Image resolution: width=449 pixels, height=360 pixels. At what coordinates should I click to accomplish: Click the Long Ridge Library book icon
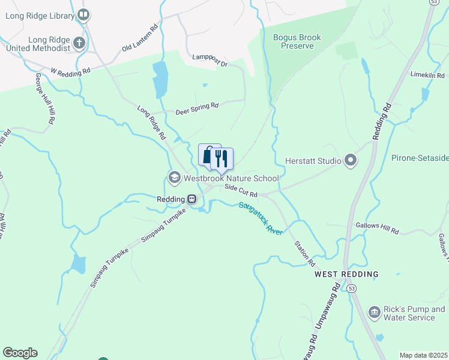pyautogui.click(x=83, y=14)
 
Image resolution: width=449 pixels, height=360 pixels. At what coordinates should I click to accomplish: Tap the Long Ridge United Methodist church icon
pyautogui.click(x=79, y=43)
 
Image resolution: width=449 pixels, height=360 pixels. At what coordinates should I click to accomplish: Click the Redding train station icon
pyautogui.click(x=191, y=199)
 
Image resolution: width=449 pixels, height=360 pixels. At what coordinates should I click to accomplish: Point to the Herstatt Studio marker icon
pyautogui.click(x=351, y=160)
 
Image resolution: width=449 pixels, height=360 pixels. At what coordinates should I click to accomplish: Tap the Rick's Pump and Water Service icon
pyautogui.click(x=375, y=312)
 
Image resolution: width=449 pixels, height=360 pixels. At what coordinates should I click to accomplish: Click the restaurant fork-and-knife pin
pyautogui.click(x=221, y=158)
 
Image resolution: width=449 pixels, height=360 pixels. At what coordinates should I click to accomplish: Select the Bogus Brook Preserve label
pyautogui.click(x=297, y=41)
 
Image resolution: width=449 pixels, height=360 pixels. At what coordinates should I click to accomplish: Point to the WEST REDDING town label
pyautogui.click(x=346, y=274)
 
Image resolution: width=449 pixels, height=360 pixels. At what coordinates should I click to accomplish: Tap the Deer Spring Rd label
pyautogui.click(x=197, y=109)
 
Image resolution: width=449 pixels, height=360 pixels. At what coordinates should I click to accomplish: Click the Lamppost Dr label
pyautogui.click(x=210, y=61)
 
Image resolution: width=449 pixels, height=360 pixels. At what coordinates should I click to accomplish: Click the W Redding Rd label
pyautogui.click(x=70, y=71)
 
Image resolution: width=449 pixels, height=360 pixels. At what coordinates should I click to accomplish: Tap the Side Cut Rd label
pyautogui.click(x=241, y=191)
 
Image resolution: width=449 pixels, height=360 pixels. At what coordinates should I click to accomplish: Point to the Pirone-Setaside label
pyautogui.click(x=420, y=158)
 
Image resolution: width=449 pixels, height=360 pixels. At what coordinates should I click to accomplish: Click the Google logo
pyautogui.click(x=20, y=353)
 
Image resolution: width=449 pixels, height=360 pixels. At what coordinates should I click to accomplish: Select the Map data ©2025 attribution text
pyautogui.click(x=423, y=355)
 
